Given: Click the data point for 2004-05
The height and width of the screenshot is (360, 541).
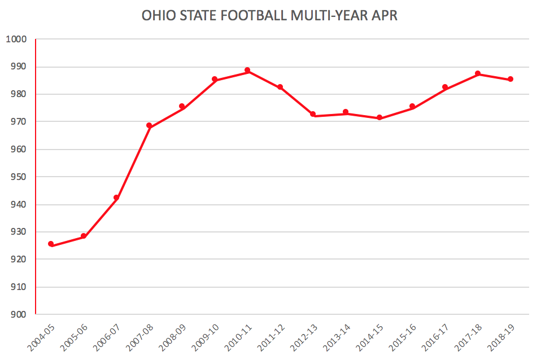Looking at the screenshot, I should coord(51,244).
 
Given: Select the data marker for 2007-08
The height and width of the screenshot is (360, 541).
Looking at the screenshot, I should coord(149,125).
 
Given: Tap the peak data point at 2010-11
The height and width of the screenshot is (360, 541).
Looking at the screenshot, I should coord(247,71).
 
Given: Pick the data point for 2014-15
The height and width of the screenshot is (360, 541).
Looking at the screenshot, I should coord(379,117).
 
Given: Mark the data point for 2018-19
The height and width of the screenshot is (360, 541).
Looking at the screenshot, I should coord(511,79).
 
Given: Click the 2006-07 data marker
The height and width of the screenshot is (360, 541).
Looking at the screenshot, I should coord(116,197).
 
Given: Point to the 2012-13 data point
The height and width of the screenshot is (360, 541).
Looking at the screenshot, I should coord(313,115).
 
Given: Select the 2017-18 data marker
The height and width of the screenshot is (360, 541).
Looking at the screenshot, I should coord(478,74).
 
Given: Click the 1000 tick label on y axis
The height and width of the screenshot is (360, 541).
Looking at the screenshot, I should coord(16,39).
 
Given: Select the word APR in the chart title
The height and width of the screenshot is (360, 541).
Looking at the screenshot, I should coord(386,15).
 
